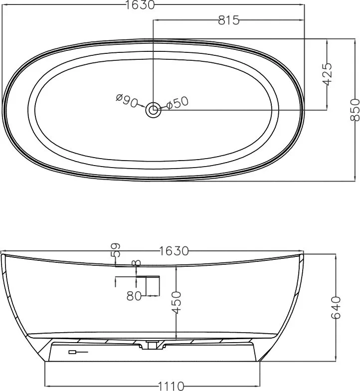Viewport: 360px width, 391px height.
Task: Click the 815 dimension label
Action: (228, 20)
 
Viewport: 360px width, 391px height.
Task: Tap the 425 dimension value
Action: (327, 74)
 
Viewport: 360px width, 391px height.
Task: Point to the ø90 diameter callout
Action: (127, 101)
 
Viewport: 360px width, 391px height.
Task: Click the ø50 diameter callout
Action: (178, 103)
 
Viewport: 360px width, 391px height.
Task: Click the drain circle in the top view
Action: (153, 109)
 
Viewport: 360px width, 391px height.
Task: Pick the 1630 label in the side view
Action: (174, 251)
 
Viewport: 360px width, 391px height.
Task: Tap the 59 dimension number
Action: (116, 250)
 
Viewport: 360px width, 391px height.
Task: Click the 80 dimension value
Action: (134, 296)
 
